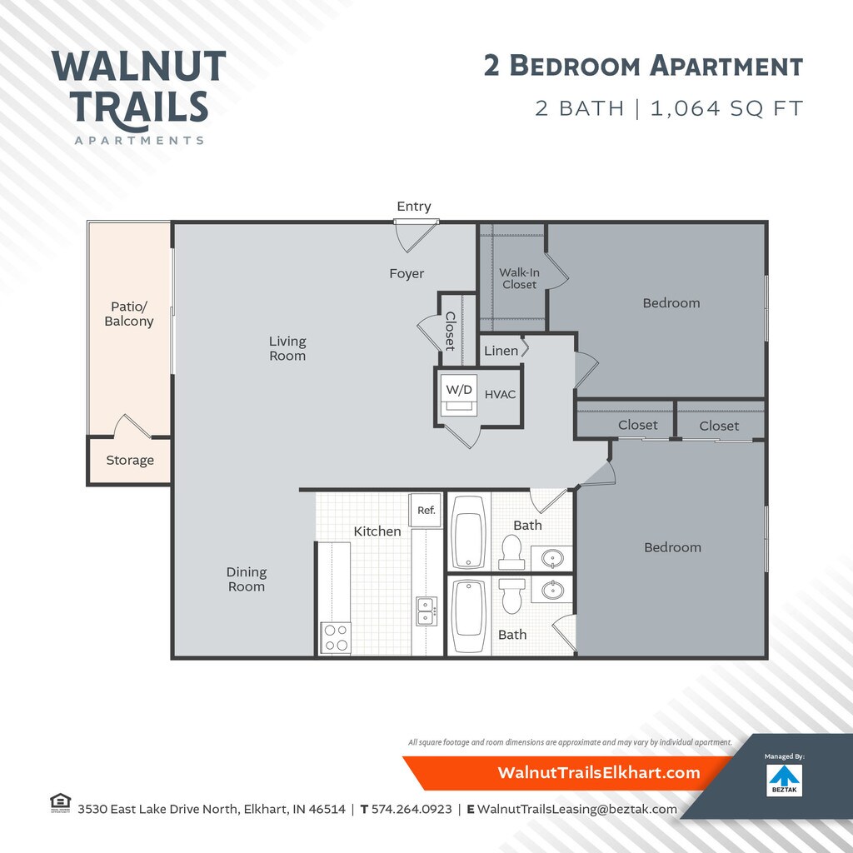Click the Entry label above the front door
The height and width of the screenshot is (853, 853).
click(414, 207)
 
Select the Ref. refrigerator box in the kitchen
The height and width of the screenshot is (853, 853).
click(426, 511)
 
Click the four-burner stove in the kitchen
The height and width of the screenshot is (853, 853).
click(336, 638)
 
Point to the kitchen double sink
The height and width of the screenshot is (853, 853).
click(426, 612)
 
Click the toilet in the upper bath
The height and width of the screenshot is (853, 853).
click(511, 551)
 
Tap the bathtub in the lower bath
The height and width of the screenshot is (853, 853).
click(468, 616)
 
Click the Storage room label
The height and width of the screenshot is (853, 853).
click(130, 460)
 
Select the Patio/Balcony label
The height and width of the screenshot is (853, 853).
click(129, 314)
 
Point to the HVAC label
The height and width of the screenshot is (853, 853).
click(501, 394)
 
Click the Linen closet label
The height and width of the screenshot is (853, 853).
click(501, 351)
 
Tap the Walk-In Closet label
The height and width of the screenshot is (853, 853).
click(519, 278)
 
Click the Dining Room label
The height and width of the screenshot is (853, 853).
click(247, 579)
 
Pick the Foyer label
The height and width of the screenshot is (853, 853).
click(407, 273)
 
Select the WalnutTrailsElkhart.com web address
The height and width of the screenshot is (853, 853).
click(599, 772)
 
